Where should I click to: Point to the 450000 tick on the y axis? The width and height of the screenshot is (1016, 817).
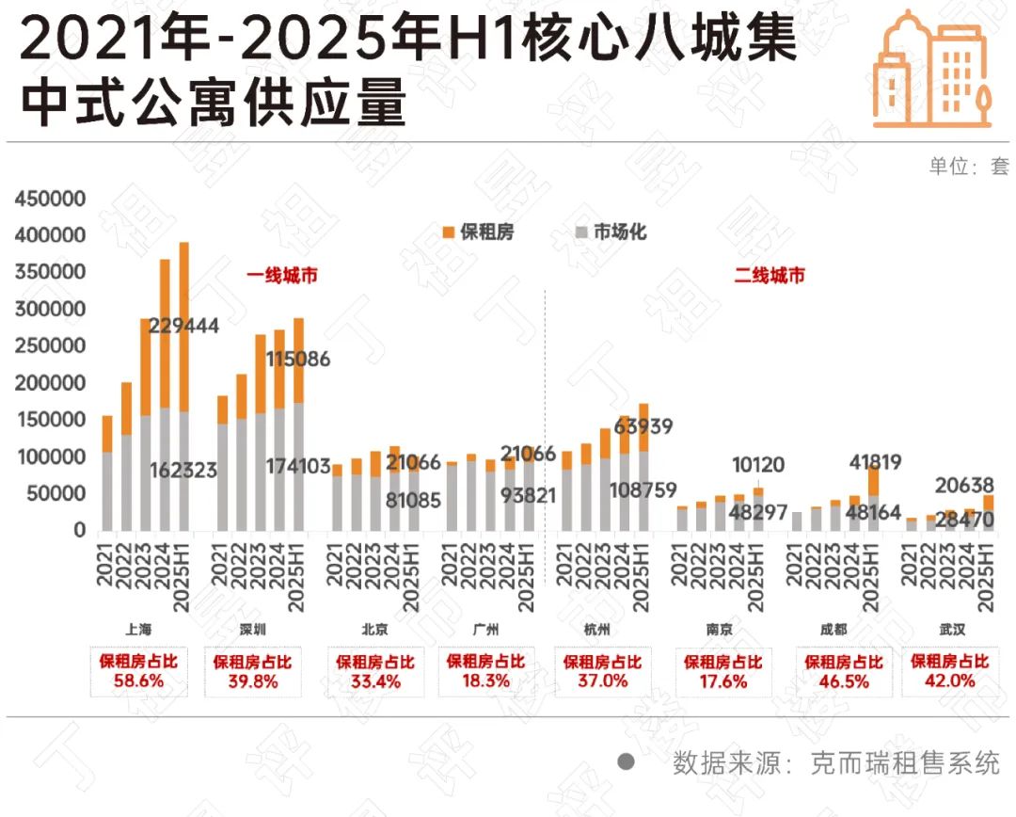51,199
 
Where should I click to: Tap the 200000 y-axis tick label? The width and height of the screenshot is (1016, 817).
51,383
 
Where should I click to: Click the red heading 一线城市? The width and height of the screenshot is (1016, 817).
282,276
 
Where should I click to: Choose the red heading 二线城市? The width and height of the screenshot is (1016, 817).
770,276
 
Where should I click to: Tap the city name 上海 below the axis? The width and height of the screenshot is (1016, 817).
138,630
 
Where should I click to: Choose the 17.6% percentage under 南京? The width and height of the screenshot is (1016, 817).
722,681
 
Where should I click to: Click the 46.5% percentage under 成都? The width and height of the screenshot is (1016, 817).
844,681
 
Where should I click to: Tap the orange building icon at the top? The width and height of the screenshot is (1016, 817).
931,71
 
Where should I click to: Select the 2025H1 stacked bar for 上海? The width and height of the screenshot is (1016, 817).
184,386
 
